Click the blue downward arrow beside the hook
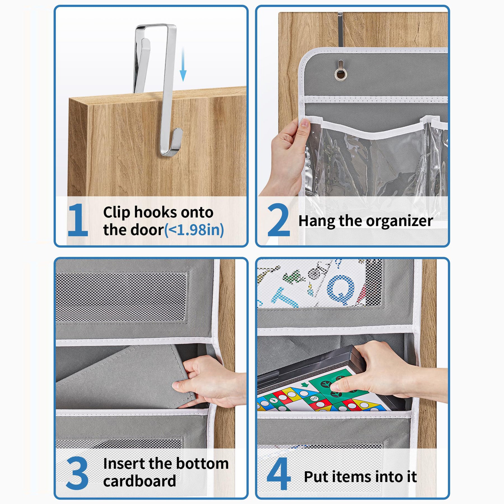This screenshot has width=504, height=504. coord(183,64)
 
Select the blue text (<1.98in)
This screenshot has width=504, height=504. coord(194,230)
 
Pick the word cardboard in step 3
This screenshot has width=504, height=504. coord(139,481)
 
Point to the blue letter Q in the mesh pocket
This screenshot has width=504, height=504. coord(341,290)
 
